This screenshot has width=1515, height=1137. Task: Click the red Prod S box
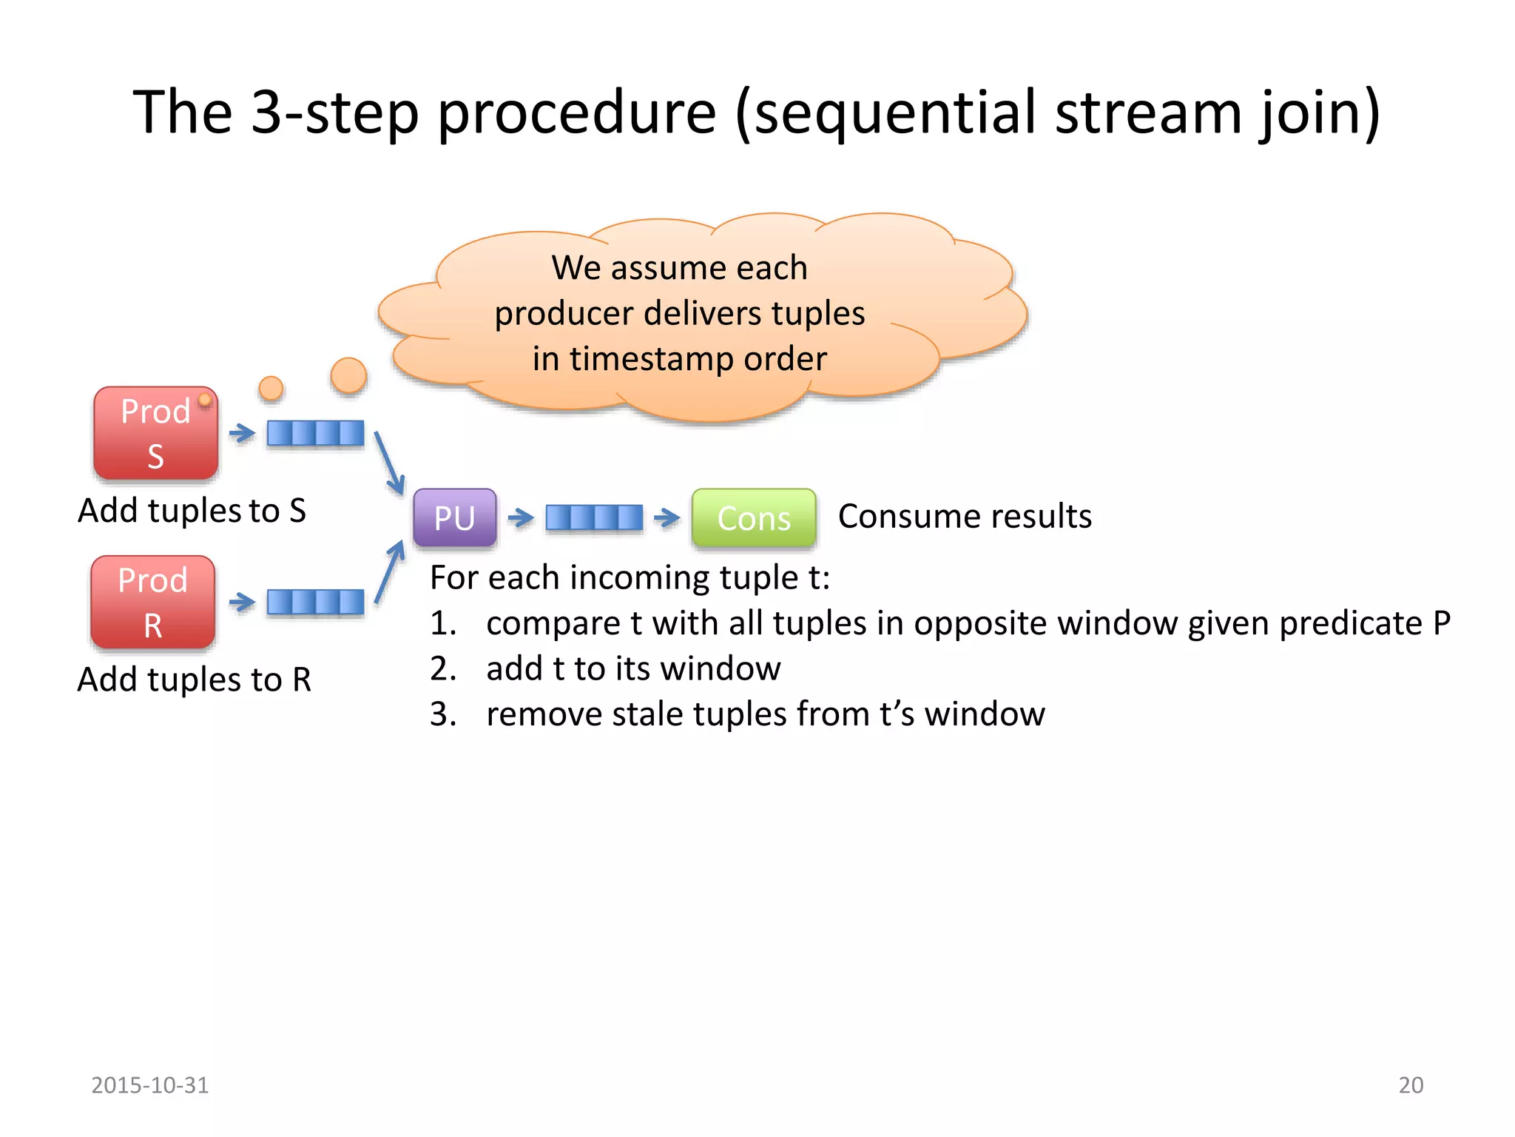pos(155,433)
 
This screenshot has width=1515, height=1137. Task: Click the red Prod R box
pos(153,602)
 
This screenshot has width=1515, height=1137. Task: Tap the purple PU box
pos(454,517)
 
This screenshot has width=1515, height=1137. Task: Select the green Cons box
pos(754,517)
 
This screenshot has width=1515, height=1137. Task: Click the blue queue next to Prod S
pos(315,433)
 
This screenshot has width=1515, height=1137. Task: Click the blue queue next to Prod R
pos(315,602)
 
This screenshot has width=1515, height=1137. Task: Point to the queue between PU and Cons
pos(594,517)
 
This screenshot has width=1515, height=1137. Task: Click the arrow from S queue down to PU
pos(389,463)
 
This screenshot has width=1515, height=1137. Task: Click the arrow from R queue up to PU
pos(390,571)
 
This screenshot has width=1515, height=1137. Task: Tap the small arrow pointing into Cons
pos(667,517)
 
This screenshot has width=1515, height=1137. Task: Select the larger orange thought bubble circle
pos(348,375)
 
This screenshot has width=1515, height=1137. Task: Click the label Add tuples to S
pos(192,511)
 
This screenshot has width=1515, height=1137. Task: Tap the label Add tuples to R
pos(194,680)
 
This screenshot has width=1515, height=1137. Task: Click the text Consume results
pos(965,516)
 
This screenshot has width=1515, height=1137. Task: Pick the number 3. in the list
pos(443,714)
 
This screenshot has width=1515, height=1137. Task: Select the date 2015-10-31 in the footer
pos(149,1085)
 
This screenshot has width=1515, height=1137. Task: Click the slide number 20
pos(1411,1085)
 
